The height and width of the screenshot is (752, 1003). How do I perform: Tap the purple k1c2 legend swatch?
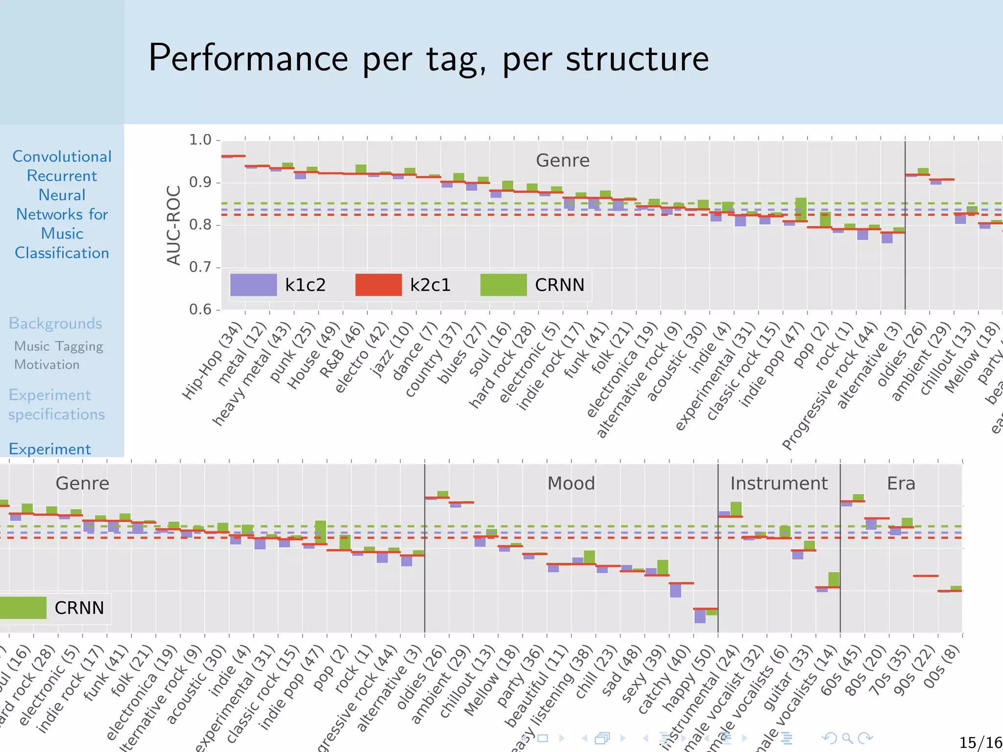click(x=253, y=285)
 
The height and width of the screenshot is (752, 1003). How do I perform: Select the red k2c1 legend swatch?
click(x=378, y=285)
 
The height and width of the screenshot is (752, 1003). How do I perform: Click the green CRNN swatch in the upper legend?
click(x=503, y=285)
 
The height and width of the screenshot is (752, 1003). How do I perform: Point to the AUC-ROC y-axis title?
click(x=174, y=225)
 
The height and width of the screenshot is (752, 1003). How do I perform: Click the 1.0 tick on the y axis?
click(x=200, y=140)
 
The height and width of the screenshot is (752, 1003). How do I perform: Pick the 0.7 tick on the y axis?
click(x=200, y=267)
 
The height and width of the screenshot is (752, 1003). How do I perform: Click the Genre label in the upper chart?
click(x=562, y=161)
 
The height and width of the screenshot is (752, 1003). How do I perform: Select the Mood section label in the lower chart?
click(x=571, y=483)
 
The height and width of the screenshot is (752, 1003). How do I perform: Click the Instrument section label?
click(x=779, y=483)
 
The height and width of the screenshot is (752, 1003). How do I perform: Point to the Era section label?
click(x=901, y=483)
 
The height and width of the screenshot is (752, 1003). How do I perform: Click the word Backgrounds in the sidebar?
click(x=55, y=324)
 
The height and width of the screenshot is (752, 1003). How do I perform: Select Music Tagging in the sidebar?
click(x=59, y=346)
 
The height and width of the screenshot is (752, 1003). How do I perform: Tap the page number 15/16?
click(x=980, y=743)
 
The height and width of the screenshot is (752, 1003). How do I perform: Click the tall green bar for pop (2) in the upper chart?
click(x=801, y=209)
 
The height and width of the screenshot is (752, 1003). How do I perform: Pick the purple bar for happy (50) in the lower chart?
click(x=700, y=616)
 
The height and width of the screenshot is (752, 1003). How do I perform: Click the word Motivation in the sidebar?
click(x=47, y=365)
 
